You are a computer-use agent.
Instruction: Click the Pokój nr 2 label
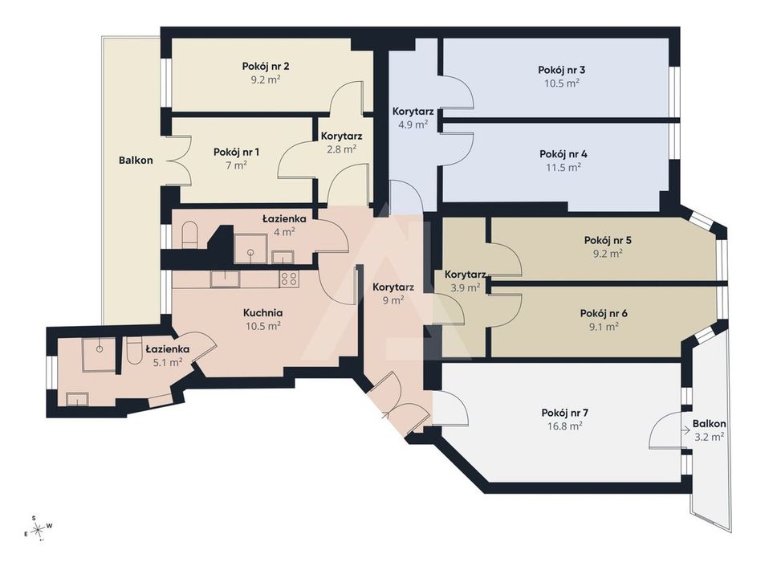coord(265,66)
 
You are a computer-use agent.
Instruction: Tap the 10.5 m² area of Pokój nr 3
coord(562,83)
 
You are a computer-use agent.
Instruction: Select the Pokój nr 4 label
coord(563,154)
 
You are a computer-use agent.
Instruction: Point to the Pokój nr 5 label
coord(608,241)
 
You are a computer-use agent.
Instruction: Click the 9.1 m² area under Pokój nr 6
coord(604,326)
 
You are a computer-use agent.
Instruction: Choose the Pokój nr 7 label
coord(565,413)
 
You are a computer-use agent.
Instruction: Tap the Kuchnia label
coord(262,313)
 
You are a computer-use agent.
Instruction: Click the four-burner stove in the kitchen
coord(290,279)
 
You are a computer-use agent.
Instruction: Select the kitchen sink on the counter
coord(226,279)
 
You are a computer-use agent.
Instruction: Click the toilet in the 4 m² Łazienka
coord(189,234)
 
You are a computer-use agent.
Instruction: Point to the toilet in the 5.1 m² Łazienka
coord(133,351)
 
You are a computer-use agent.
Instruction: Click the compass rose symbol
coord(38,530)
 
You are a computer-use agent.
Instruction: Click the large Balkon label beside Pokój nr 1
coord(136,161)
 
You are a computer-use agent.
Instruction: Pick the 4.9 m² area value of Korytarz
coord(413,124)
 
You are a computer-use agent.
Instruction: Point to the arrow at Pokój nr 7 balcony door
coord(686,430)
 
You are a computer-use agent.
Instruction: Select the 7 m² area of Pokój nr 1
coord(236,165)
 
